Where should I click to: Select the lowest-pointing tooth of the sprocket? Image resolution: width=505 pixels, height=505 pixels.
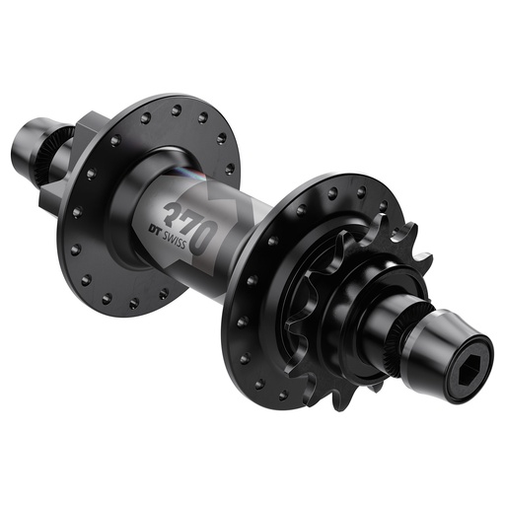coord(340,399)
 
